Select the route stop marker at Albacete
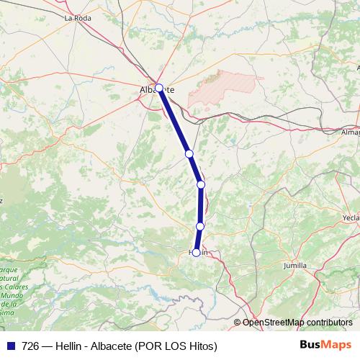click(159, 88)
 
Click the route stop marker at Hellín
click(196, 253)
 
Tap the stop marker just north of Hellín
click(200, 227)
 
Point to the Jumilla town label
click(299, 266)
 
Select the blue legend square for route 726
click(11, 346)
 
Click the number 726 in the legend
click(32, 346)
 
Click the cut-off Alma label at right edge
click(350, 132)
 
